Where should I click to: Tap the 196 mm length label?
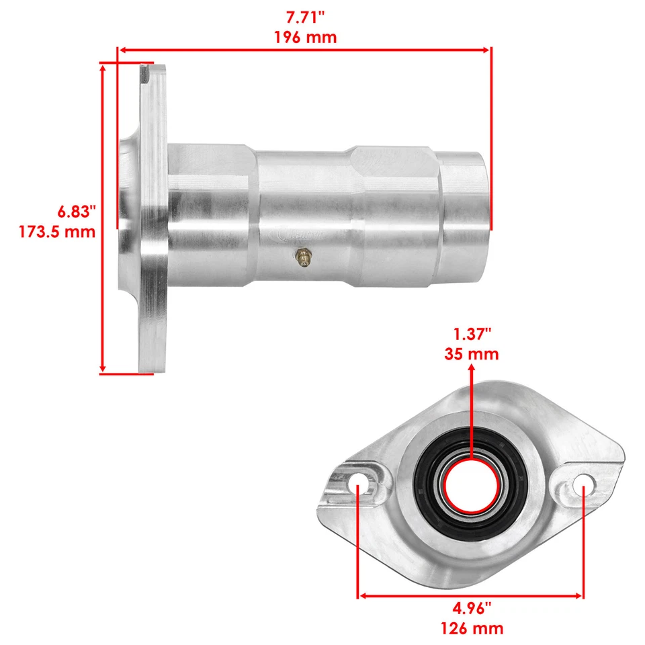coord(305,37)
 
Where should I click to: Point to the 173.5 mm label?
coord(56,232)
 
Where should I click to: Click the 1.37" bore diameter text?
coord(471,334)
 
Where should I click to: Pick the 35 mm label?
coord(471,353)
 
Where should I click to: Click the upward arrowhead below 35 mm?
coord(471,370)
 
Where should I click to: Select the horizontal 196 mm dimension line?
coord(305,49)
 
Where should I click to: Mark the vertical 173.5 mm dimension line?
coord(103,218)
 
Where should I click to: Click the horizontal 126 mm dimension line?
coord(470,595)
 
